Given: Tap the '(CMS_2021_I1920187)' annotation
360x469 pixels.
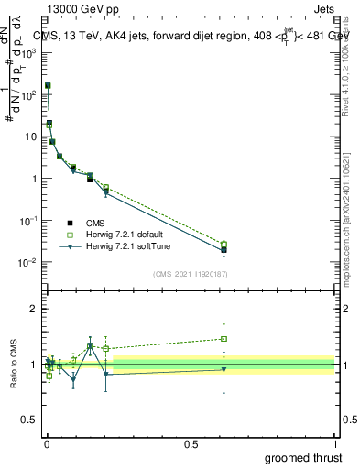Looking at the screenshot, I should pyautogui.click(x=190, y=273).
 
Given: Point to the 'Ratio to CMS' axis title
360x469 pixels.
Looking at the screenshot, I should pyautogui.click(x=14, y=365).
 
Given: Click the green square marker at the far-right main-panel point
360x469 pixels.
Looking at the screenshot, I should pyautogui.click(x=224, y=245).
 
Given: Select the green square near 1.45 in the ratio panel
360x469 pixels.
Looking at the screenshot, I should pyautogui.click(x=224, y=339).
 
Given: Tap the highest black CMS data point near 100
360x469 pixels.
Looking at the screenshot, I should pyautogui.click(x=48, y=85).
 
